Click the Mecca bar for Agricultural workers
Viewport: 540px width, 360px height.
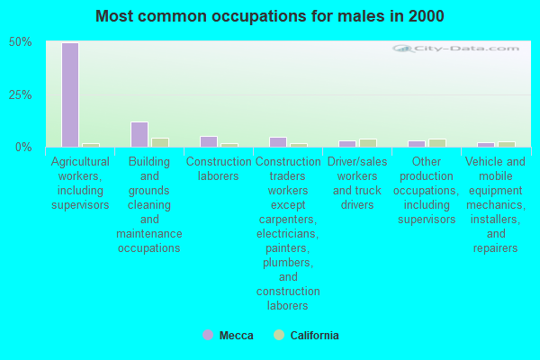click(70, 94)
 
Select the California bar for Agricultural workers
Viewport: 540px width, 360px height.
click(91, 145)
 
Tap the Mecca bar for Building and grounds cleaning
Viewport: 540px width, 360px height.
click(139, 134)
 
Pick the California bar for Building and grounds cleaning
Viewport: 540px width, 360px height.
click(160, 142)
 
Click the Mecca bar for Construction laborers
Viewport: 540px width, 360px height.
click(209, 141)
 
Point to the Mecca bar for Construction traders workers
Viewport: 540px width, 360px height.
click(278, 142)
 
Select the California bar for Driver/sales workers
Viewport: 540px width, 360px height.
click(368, 143)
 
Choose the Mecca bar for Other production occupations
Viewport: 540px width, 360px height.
click(417, 143)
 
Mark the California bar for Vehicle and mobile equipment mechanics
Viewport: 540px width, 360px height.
click(507, 144)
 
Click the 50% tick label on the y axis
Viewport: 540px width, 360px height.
click(21, 42)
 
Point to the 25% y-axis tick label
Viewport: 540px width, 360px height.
click(21, 94)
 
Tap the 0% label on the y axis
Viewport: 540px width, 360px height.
click(24, 147)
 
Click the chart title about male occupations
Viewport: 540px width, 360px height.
click(270, 16)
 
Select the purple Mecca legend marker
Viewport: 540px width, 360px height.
click(208, 335)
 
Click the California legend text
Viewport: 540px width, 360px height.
click(314, 336)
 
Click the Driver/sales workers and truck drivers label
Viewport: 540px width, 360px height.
click(357, 183)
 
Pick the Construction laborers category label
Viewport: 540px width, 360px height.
click(219, 168)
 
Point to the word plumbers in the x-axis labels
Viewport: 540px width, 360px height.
click(288, 262)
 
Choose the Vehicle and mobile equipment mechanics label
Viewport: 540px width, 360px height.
click(496, 204)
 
